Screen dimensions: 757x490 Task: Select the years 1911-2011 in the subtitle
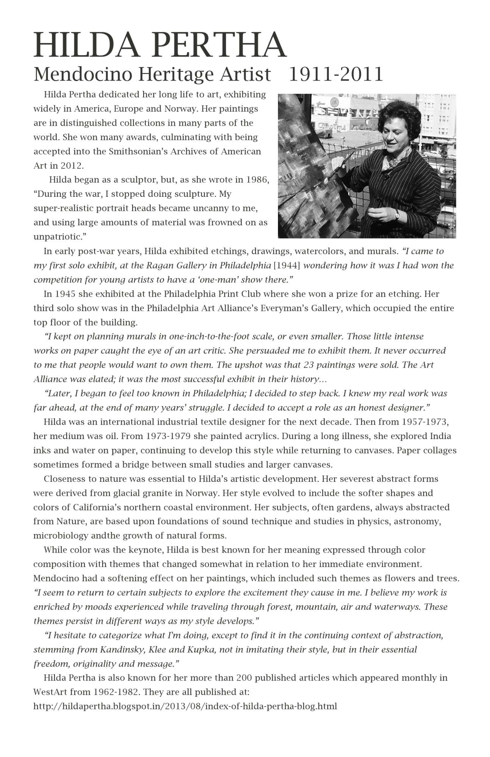coord(336,74)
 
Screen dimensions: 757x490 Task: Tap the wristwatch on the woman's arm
coord(397,215)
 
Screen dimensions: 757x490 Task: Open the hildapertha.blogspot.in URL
coord(185,706)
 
